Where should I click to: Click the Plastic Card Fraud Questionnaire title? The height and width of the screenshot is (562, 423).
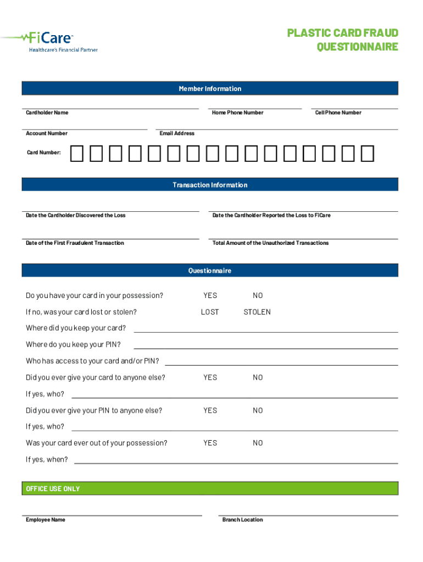pos(342,40)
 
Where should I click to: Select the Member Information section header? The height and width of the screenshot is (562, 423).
pos(210,89)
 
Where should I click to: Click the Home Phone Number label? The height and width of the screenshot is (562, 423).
pos(237,113)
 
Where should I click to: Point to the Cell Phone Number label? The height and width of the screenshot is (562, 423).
pos(338,113)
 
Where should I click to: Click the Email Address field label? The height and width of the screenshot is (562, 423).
pos(177,133)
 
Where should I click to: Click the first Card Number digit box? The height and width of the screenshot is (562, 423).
pos(77,154)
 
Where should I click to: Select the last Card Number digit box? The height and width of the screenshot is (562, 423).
pos(368,154)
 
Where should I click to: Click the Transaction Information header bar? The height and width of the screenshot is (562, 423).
pos(210,185)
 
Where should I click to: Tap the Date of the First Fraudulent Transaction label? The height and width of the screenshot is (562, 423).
pos(75,243)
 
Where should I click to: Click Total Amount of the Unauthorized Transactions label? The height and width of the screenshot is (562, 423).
pos(270,243)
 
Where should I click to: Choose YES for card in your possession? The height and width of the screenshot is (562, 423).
pos(210,296)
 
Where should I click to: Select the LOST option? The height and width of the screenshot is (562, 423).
pos(210,312)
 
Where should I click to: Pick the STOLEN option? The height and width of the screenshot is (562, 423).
pos(257,312)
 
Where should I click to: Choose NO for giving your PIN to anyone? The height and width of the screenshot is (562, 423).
pos(258,411)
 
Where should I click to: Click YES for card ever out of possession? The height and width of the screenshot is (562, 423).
pos(210,443)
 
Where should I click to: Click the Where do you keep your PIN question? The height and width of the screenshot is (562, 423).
pos(73,345)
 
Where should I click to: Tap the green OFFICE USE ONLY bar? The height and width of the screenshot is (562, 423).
pos(210,488)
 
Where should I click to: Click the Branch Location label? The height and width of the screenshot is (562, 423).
pos(242,520)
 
